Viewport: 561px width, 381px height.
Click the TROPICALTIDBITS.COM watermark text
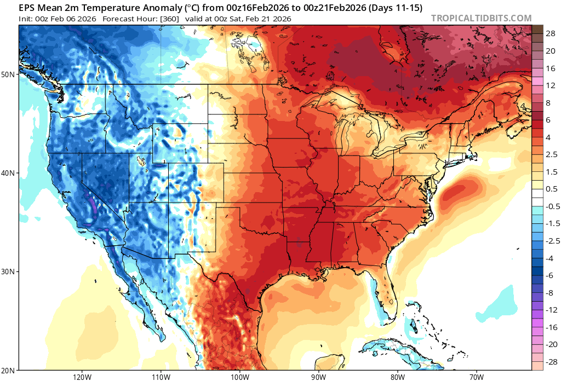coord(481,18)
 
